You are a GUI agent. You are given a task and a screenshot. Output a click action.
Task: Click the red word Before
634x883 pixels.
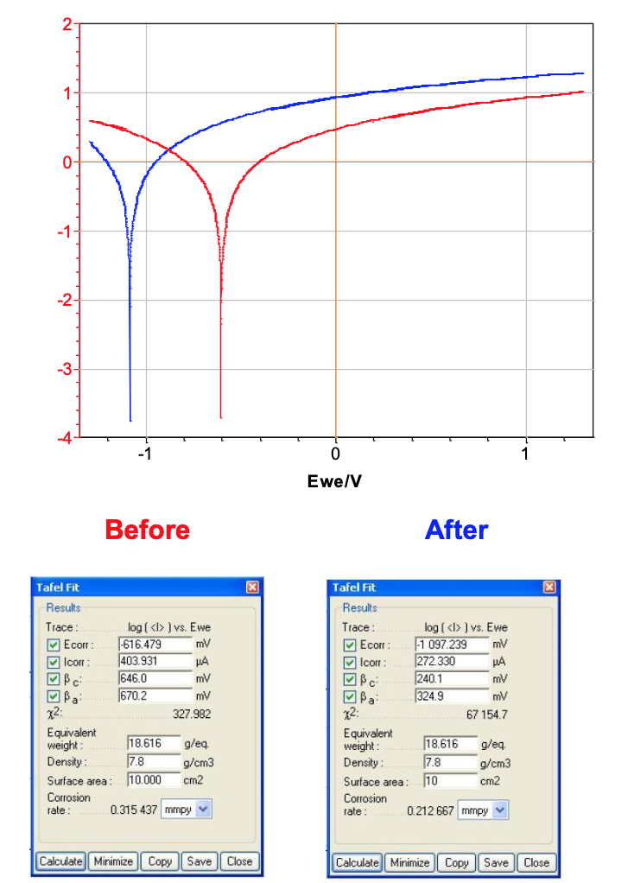pyautogui.click(x=147, y=530)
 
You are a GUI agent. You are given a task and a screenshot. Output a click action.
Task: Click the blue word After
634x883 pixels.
pyautogui.click(x=456, y=530)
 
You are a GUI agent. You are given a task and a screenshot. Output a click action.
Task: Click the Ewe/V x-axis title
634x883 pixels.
pyautogui.click(x=334, y=480)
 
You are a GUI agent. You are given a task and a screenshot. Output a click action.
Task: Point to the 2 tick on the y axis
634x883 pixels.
pyautogui.click(x=67, y=24)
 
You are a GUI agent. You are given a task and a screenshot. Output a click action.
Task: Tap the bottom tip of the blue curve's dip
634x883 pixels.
pyautogui.click(x=130, y=420)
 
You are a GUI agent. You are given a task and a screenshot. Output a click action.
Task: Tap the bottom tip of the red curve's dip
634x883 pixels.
pyautogui.click(x=221, y=417)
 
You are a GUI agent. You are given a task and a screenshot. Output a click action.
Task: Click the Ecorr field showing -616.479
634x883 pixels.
pyautogui.click(x=154, y=644)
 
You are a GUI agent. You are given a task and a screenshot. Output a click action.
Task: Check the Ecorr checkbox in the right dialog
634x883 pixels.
pyautogui.click(x=349, y=645)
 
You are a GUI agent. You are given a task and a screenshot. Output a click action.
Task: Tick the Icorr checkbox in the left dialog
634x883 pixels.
pyautogui.click(x=54, y=661)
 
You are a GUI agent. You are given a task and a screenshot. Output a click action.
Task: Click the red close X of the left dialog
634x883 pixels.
pyautogui.click(x=252, y=588)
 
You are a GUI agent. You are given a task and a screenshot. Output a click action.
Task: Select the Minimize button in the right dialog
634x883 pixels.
pyautogui.click(x=409, y=861)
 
